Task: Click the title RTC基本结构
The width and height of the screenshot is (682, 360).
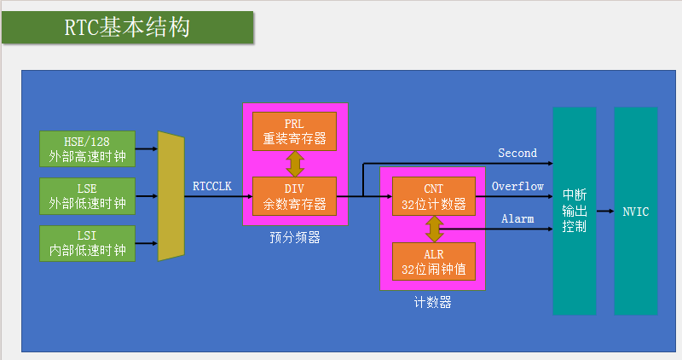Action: [128, 27]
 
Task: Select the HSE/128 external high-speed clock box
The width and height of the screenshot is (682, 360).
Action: [88, 148]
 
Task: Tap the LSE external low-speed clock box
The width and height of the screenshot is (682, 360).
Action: [88, 195]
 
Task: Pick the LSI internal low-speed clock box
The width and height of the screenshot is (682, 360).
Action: [88, 242]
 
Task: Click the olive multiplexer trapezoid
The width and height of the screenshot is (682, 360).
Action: [171, 196]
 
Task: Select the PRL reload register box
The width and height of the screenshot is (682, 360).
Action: [294, 131]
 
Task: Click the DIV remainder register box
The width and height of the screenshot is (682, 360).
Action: [294, 196]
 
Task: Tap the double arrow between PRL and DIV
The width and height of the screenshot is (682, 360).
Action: [295, 164]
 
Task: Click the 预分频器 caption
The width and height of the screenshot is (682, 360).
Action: [295, 237]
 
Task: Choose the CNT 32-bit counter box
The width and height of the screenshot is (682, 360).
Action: [433, 196]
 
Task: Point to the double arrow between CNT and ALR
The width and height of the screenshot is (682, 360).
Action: [434, 229]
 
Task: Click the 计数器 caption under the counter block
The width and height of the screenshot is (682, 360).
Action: [433, 302]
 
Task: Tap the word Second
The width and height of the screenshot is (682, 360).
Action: [517, 153]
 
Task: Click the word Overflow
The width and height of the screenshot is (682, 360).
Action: [517, 186]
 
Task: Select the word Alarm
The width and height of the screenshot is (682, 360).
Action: [517, 219]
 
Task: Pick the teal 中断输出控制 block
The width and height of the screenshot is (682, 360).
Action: [574, 211]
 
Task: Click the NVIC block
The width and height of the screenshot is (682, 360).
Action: [635, 211]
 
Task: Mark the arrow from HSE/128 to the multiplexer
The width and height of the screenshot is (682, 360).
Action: [147, 148]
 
